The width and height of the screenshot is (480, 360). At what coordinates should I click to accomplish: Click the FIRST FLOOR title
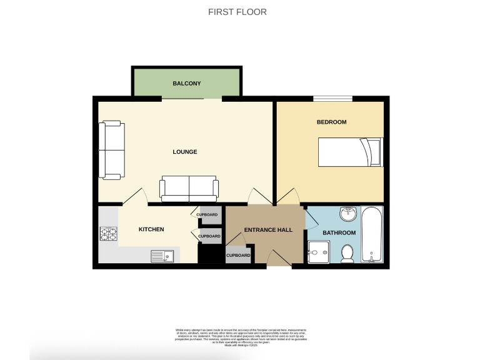pos(237,12)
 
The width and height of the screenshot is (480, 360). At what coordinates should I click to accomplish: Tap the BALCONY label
pos(187,83)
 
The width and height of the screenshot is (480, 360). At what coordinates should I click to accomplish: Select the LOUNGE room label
pos(185,152)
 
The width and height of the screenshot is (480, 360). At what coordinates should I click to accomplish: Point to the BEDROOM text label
pos(331,122)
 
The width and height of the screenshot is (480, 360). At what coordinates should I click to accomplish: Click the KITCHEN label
pos(151,229)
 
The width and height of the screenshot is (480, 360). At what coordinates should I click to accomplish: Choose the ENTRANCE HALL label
pos(268,230)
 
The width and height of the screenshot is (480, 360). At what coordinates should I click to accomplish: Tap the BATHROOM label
pos(339,232)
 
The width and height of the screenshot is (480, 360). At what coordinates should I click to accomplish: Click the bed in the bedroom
pos(349,152)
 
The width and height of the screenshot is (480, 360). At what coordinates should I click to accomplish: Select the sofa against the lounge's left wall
pos(111,151)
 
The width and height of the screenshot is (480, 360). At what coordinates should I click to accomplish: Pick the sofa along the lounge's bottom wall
pos(189,187)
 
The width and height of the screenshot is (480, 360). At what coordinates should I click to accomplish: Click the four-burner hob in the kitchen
pos(108,234)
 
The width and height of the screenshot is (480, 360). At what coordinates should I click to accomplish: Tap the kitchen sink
pos(162,256)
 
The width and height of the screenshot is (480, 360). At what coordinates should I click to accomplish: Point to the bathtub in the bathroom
pos(372,234)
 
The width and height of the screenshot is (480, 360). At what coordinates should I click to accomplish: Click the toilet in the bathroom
pos(347,252)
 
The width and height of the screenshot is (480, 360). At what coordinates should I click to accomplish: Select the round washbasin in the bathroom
pos(349,215)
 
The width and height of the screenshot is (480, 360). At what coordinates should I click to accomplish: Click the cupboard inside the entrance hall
pos(238,255)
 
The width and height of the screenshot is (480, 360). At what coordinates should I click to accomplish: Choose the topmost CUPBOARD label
pos(207,214)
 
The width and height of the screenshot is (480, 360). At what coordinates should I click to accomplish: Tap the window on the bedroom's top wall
pos(332,97)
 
